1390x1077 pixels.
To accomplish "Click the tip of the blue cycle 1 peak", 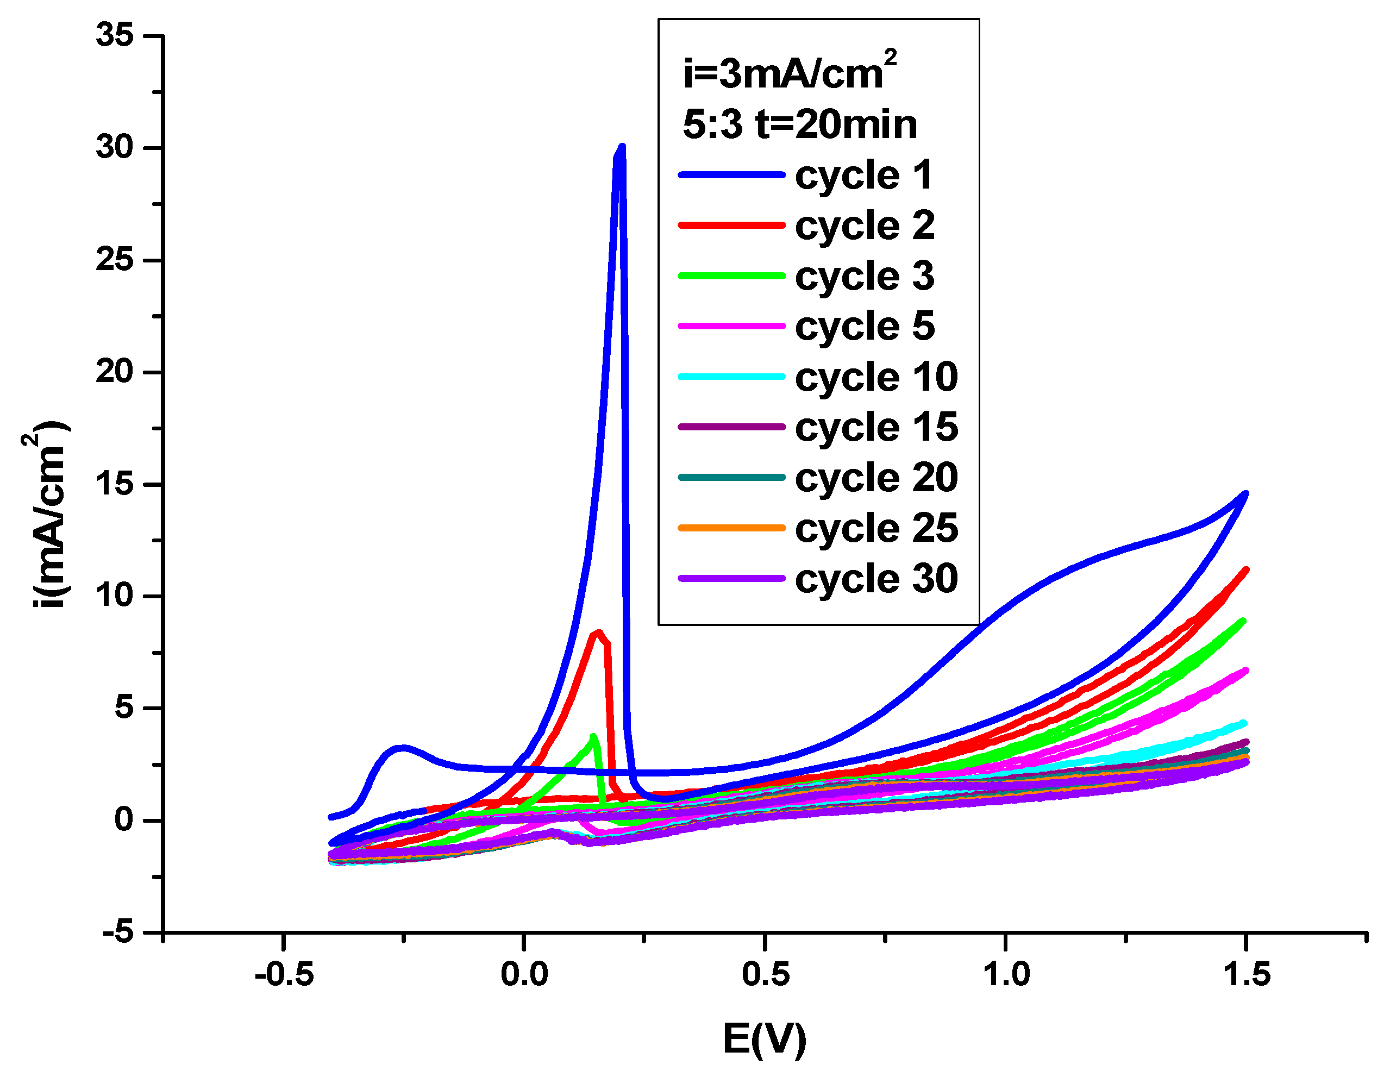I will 622,148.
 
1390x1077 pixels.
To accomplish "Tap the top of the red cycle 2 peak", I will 598,633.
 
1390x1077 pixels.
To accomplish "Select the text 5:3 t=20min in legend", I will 799,124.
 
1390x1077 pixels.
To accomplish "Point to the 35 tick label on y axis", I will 115,35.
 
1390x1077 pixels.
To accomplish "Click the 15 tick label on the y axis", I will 115,484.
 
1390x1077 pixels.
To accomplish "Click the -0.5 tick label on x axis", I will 284,974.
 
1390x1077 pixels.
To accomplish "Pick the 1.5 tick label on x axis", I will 1246,974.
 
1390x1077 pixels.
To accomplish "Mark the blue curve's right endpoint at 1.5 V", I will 1245,493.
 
